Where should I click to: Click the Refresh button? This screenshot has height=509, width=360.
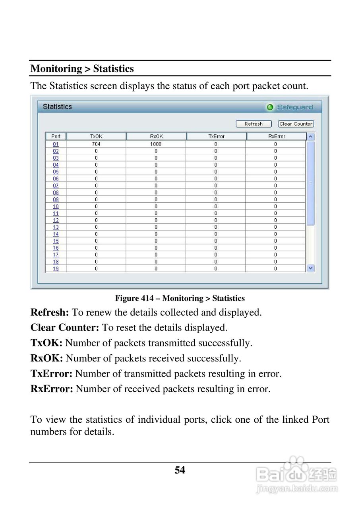pyautogui.click(x=254, y=124)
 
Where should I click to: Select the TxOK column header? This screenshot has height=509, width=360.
pyautogui.click(x=96, y=136)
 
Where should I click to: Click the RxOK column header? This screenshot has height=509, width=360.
pyautogui.click(x=156, y=136)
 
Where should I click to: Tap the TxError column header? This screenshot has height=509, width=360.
pyautogui.click(x=216, y=136)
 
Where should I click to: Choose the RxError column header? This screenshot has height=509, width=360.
pyautogui.click(x=276, y=136)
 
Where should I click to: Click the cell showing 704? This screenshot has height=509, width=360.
pyautogui.click(x=96, y=144)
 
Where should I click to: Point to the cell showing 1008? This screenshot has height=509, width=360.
pyautogui.click(x=156, y=144)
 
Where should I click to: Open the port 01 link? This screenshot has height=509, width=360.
pyautogui.click(x=56, y=144)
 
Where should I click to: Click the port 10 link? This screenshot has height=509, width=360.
pyautogui.click(x=56, y=206)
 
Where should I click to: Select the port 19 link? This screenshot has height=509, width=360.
pyautogui.click(x=56, y=269)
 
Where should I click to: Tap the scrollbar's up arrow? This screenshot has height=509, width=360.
pyautogui.click(x=311, y=136)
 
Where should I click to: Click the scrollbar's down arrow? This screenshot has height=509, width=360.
pyautogui.click(x=311, y=268)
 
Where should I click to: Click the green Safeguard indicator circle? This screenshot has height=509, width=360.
pyautogui.click(x=270, y=107)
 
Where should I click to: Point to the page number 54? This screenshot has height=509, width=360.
pyautogui.click(x=180, y=470)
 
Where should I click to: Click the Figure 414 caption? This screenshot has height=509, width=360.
pyautogui.click(x=180, y=298)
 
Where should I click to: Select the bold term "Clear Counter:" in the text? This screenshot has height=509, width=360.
pyautogui.click(x=65, y=328)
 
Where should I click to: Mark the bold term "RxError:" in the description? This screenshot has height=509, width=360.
pyautogui.click(x=52, y=389)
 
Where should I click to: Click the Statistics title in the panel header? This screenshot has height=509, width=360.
pyautogui.click(x=57, y=107)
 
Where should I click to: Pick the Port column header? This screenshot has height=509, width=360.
pyautogui.click(x=56, y=136)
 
